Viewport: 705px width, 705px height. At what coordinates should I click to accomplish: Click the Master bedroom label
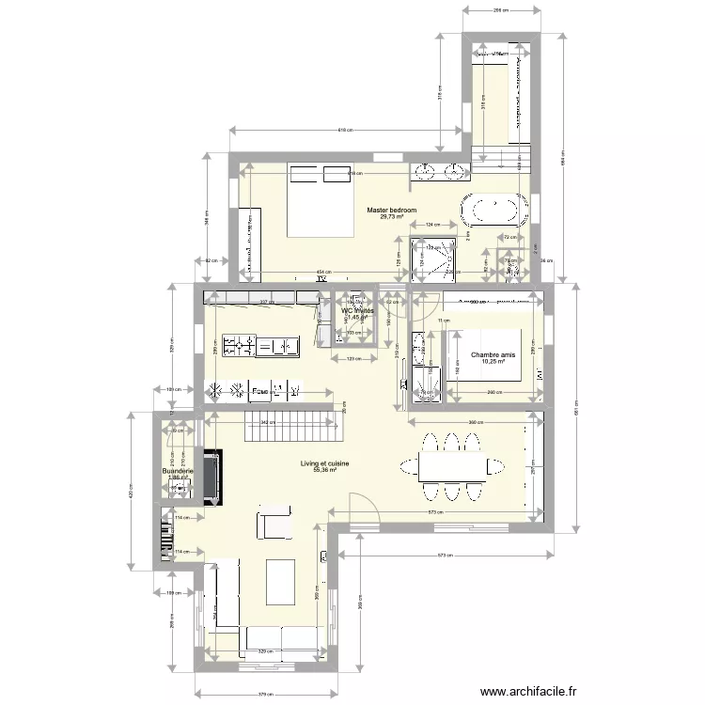[392, 211]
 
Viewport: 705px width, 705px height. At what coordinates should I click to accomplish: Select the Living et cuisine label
[324, 463]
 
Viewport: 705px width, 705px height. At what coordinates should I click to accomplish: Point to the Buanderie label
[178, 471]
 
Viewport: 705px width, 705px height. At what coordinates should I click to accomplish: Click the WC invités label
[357, 310]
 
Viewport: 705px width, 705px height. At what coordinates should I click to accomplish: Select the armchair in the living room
[274, 525]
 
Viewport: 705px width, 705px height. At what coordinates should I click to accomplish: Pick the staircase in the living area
[290, 428]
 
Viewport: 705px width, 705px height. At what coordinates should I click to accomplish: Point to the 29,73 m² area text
[392, 217]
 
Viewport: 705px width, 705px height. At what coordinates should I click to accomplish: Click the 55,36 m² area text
[324, 470]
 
